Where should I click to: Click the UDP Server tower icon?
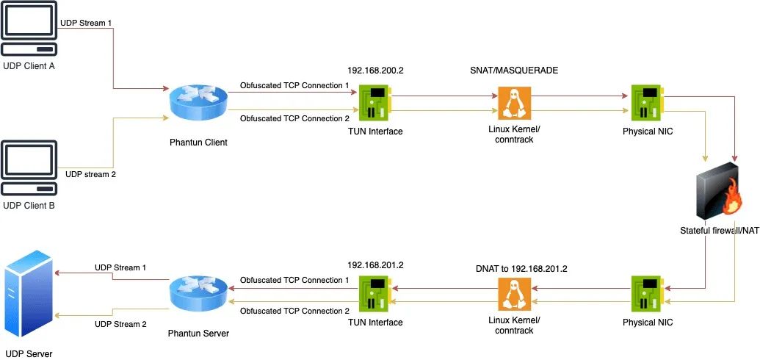coord(29,293)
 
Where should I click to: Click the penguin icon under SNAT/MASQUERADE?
coord(515,103)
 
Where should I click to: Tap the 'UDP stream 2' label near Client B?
coord(90,175)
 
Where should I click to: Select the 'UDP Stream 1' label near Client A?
coord(86,23)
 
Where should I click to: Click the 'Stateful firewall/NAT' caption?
coord(719,231)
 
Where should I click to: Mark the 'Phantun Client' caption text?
coord(198,142)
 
